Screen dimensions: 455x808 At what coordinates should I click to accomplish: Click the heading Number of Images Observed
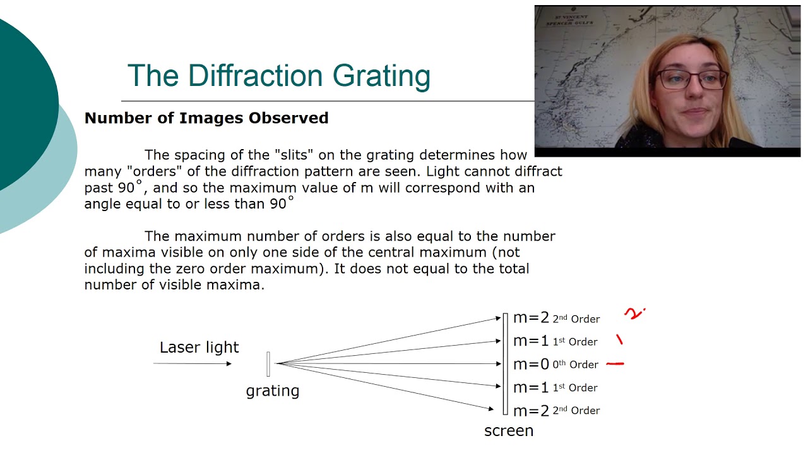point(206,118)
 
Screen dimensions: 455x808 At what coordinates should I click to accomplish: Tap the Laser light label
point(199,347)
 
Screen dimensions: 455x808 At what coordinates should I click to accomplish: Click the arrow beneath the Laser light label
point(193,363)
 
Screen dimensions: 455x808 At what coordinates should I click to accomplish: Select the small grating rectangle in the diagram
point(268,363)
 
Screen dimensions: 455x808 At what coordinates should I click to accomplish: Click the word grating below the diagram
point(272,391)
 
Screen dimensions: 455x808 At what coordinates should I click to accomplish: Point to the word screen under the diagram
point(508,431)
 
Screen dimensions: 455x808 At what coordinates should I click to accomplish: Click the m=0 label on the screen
point(531,364)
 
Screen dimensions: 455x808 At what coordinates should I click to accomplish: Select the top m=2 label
point(531,318)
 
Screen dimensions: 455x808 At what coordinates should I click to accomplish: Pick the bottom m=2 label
point(531,410)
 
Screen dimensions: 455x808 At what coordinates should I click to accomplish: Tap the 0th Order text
point(575,365)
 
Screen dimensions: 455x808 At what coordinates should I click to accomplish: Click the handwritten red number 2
point(634,313)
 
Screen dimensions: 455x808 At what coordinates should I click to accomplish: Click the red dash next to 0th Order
point(614,364)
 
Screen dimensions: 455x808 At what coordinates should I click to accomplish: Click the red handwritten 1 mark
point(619,340)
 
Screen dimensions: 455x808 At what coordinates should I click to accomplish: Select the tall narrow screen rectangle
point(505,364)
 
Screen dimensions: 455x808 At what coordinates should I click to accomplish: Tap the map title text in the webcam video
point(567,26)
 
